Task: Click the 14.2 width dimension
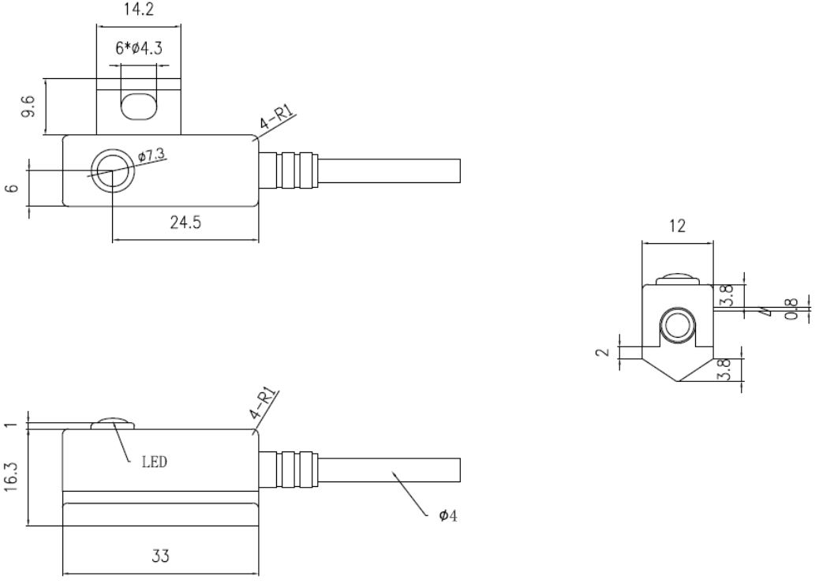138,9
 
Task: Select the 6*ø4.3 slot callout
139,48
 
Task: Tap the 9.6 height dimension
28,106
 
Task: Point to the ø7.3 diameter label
151,155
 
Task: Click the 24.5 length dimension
185,223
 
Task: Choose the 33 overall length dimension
161,556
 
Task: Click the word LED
155,462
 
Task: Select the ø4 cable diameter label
448,516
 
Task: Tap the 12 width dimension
677,226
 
